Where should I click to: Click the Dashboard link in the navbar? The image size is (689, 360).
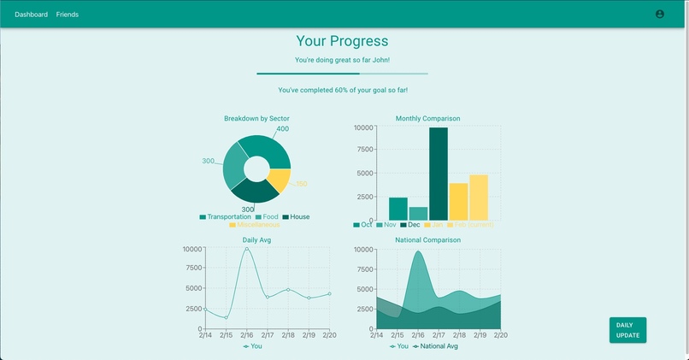point(32,15)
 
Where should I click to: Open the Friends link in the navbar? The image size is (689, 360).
point(68,15)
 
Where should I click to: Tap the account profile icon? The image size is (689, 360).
point(659,15)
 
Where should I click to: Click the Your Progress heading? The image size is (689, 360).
point(342,41)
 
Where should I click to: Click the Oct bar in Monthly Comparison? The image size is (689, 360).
point(398,209)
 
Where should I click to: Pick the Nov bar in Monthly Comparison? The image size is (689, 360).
point(418,213)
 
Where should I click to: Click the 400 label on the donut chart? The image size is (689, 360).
point(282,129)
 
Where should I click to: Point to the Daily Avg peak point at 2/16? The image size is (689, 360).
point(247,249)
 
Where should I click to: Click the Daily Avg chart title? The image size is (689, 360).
point(256,240)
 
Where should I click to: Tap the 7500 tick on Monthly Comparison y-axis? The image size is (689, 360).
point(363,150)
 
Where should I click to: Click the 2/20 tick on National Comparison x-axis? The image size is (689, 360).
point(500,335)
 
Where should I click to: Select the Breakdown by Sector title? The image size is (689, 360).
point(256,118)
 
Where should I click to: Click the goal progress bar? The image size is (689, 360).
point(342,74)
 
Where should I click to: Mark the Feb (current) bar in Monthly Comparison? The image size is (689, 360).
point(479,198)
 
